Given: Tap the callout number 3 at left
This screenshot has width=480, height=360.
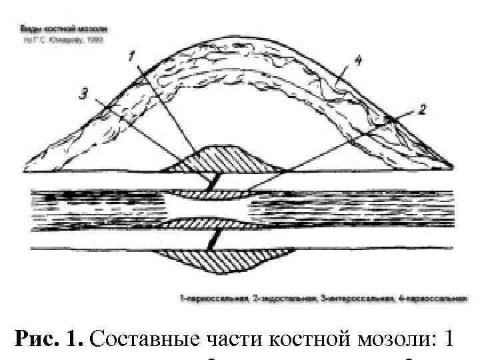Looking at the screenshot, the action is point(83,94).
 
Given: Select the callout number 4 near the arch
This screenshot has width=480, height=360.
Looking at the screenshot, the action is point(357,61).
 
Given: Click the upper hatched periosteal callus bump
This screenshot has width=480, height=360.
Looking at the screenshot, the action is point(220,160).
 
